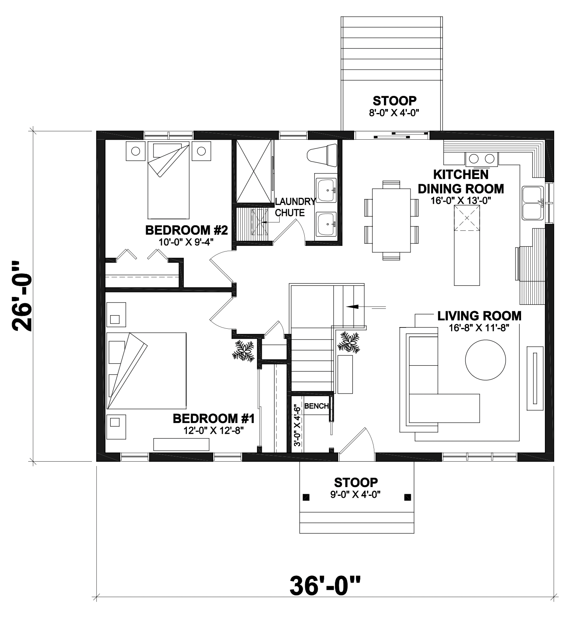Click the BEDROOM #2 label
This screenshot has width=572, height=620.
click(x=186, y=230)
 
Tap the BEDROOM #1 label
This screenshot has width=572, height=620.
click(x=213, y=419)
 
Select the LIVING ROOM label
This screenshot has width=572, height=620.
click(x=479, y=316)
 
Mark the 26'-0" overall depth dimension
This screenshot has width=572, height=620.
click(x=22, y=296)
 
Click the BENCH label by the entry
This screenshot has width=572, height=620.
click(x=316, y=406)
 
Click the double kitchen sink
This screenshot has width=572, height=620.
click(x=533, y=203)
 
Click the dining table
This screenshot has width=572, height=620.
click(x=391, y=220)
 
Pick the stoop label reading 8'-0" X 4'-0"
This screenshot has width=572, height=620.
click(x=394, y=113)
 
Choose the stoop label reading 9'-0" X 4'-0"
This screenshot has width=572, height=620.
click(x=356, y=495)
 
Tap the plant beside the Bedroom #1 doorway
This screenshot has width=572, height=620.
click(x=243, y=350)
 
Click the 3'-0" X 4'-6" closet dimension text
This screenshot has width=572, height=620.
click(x=296, y=426)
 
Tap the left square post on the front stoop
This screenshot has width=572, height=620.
click(x=305, y=497)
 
